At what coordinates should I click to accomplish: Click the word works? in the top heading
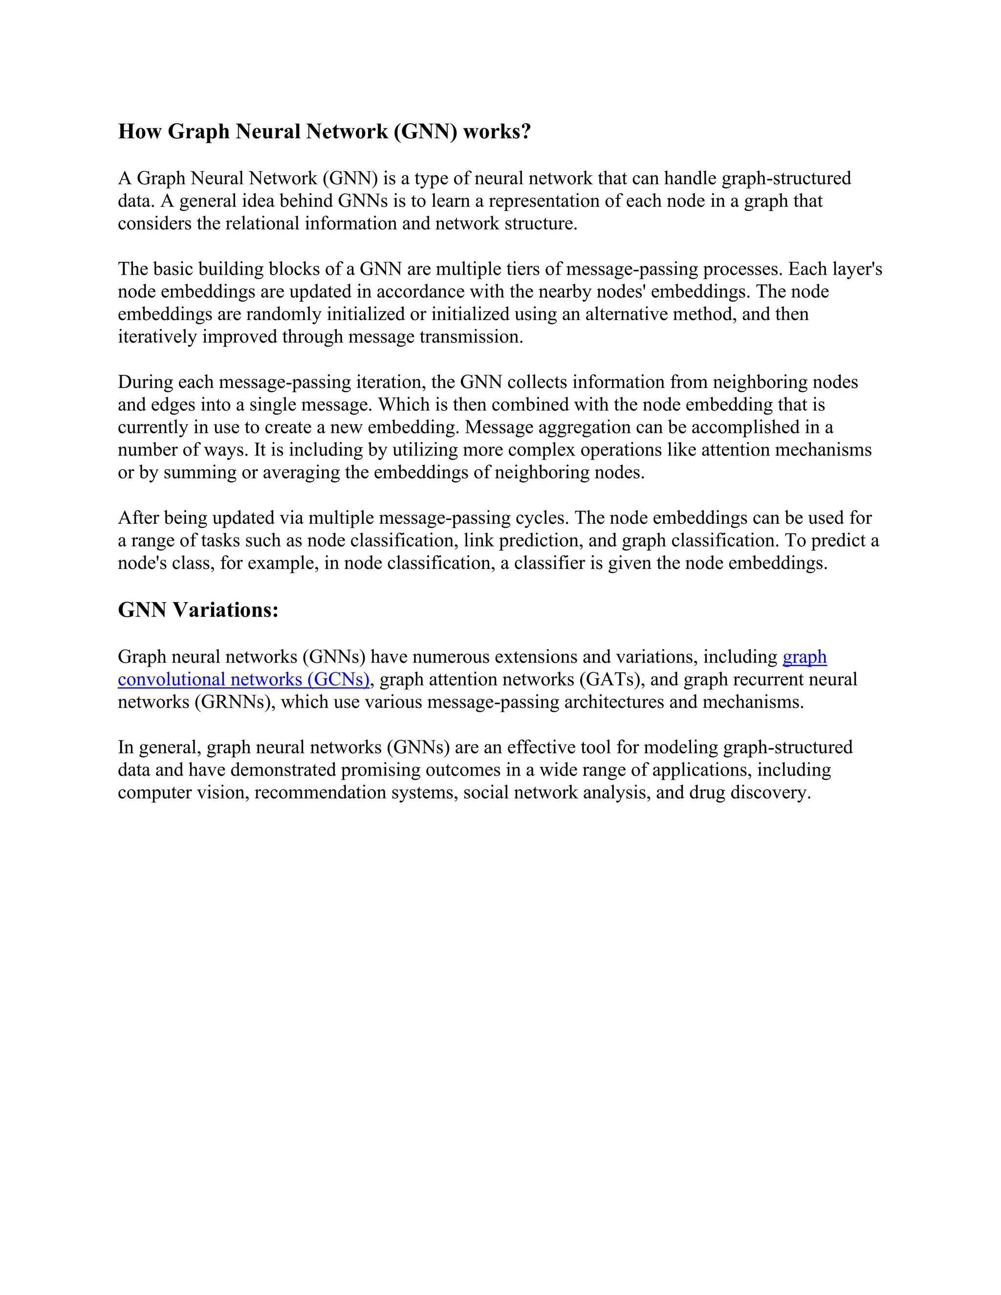click(x=497, y=131)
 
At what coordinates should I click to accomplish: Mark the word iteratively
click(x=158, y=337)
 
